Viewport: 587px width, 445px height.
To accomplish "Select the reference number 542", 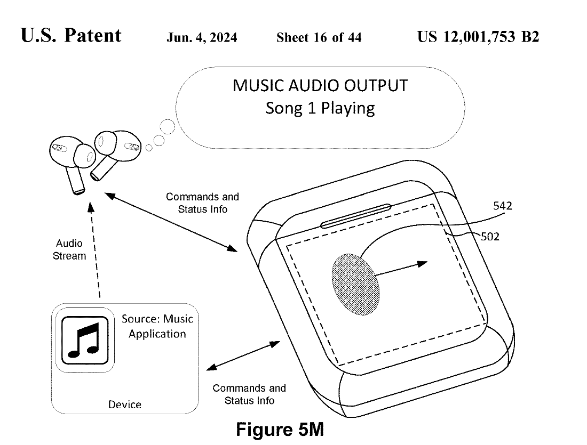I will [x=502, y=206].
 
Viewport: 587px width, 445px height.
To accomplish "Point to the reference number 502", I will [x=490, y=237].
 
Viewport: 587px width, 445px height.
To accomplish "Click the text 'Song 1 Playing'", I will [x=320, y=108].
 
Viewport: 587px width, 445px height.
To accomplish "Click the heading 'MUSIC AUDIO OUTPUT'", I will [x=320, y=85].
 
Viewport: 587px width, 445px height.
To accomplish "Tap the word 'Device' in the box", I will [x=125, y=404].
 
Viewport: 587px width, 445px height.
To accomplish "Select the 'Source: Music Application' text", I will [x=157, y=327].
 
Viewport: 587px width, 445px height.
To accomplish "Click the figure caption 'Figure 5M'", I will [x=280, y=430].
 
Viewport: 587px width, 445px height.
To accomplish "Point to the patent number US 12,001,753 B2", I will [x=478, y=37].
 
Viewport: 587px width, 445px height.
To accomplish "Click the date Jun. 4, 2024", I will [x=202, y=37].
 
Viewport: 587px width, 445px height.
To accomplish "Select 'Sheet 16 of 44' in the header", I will [x=319, y=37].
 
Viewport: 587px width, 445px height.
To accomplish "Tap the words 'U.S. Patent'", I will [x=71, y=36].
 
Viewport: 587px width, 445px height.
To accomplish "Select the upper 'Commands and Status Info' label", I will [x=202, y=203].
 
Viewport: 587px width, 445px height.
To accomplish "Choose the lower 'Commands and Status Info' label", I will [x=249, y=394].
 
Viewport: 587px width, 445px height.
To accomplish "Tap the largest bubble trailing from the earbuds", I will [x=168, y=127].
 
